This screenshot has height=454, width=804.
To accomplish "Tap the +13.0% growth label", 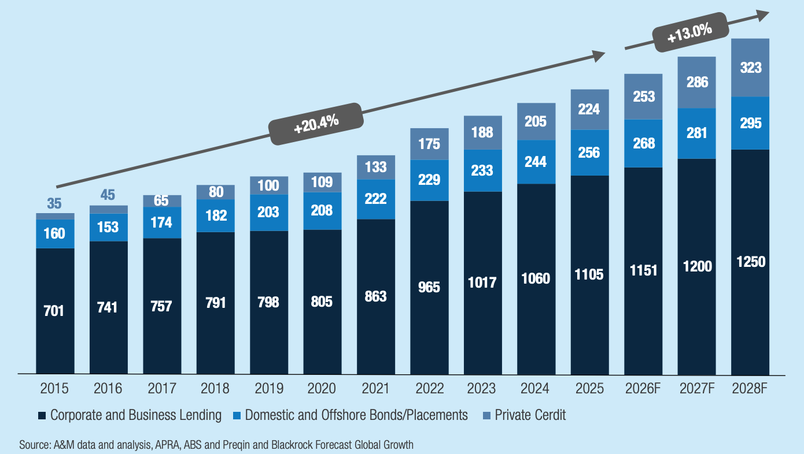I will point(689,35).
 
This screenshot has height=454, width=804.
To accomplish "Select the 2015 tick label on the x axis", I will point(54,388).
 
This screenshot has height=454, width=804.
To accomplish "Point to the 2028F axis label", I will point(750,388).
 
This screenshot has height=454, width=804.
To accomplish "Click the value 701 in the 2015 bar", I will point(54,311).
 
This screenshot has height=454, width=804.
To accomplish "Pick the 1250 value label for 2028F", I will point(750,262).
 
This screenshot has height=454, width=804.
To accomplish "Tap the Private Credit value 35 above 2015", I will point(54,203).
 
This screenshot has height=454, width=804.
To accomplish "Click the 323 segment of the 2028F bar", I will point(750,68).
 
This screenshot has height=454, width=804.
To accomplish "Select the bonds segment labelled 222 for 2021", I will point(375,198).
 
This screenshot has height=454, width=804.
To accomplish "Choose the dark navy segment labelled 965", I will point(429,286).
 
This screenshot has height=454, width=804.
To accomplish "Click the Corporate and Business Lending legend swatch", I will point(42,415).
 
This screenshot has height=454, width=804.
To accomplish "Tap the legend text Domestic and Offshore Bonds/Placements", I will point(356,415).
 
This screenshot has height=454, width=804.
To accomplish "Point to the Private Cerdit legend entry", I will point(530,415).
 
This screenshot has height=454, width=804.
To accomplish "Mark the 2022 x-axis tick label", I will point(429,388).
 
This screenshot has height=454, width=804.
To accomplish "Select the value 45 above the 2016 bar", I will point(108,195).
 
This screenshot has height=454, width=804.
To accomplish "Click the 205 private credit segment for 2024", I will point(536,121).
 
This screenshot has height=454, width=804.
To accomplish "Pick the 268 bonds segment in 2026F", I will point(643,143).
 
